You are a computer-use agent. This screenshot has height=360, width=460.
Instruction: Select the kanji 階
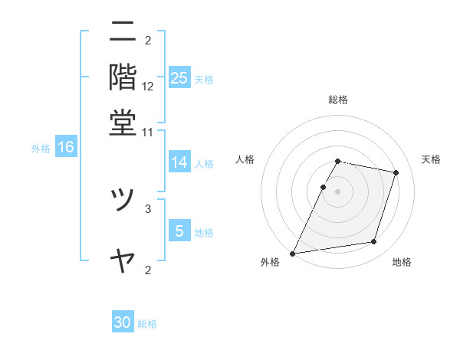point(123,77)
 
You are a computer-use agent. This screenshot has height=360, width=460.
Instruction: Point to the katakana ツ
point(123,201)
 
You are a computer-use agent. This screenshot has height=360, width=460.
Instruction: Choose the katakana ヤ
point(123,260)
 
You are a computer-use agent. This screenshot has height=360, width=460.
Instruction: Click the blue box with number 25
point(179,77)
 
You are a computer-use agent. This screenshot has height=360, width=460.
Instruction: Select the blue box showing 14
point(179,162)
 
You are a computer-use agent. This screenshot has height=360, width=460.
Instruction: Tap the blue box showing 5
point(179,231)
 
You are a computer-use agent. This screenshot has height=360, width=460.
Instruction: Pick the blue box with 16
point(65,147)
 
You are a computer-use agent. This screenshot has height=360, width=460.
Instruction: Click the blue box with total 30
point(123,322)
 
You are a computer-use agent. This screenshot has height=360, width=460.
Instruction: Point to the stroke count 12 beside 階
point(148,86)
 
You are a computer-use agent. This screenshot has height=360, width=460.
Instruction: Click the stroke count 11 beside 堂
point(148,132)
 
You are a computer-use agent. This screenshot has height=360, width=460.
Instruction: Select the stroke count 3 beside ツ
point(148,208)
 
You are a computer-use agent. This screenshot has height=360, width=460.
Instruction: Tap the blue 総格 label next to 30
point(147,324)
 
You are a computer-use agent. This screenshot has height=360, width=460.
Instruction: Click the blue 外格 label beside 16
point(41,149)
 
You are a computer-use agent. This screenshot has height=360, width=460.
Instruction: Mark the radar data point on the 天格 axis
point(396,172)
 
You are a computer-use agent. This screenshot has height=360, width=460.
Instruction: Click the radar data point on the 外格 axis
point(293,253)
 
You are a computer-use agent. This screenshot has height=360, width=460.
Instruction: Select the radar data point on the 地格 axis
point(374,242)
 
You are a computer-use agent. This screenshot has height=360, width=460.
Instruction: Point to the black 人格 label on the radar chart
point(245,159)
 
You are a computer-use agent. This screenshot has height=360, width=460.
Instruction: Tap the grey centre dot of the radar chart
point(338,191)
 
